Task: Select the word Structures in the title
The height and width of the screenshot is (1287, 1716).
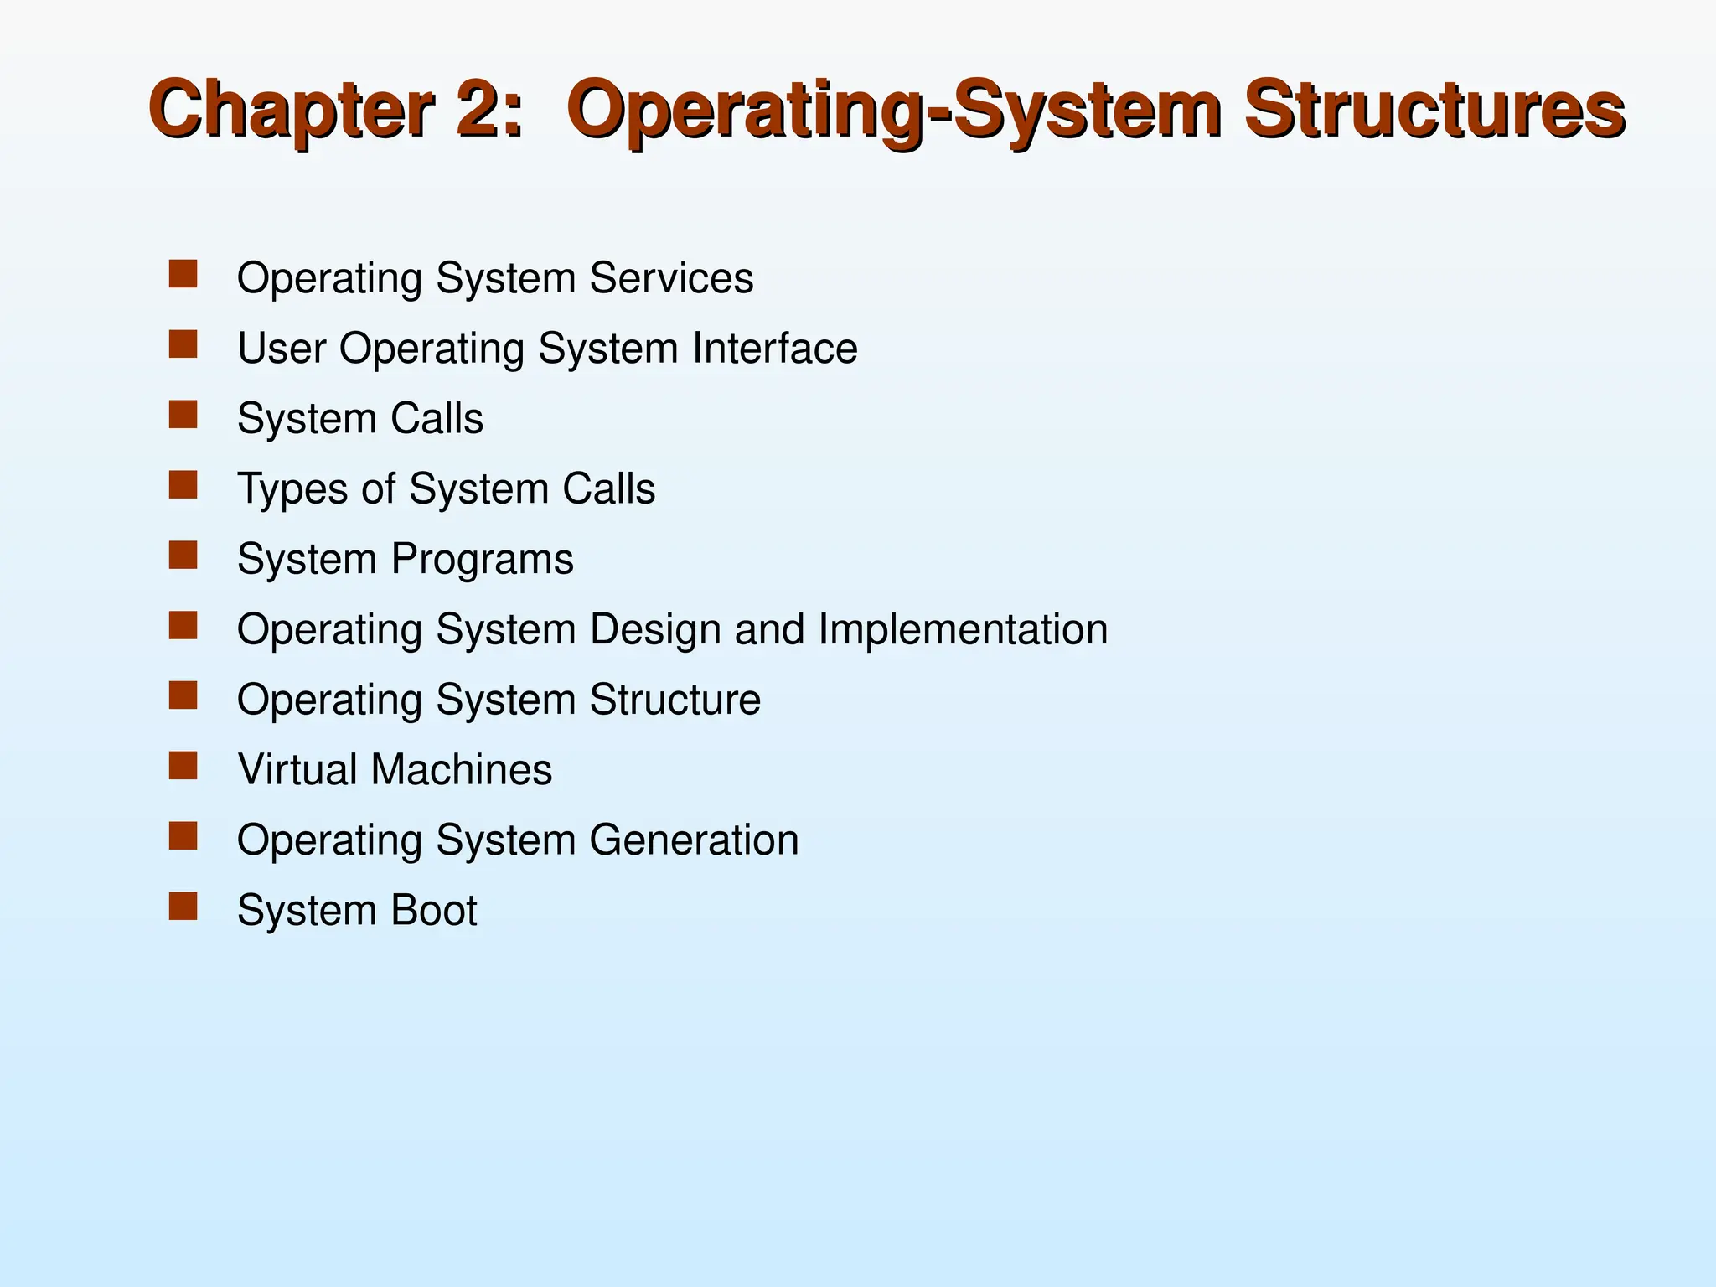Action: [1434, 110]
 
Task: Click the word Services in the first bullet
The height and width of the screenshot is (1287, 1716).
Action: [671, 278]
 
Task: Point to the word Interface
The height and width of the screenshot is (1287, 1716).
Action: [775, 349]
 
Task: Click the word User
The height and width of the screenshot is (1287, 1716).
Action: [281, 349]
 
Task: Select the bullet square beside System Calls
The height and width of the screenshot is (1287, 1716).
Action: [183, 415]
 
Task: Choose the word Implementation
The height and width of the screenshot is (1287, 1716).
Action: [963, 629]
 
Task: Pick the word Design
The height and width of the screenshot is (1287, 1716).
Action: [654, 630]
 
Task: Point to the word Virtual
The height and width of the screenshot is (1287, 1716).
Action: [297, 770]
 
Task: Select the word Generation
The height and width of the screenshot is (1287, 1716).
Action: [694, 840]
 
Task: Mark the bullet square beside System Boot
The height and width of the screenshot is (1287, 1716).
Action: [183, 907]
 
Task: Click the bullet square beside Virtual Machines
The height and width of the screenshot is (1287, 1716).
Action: [183, 766]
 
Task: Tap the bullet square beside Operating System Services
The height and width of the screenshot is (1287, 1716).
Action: [183, 274]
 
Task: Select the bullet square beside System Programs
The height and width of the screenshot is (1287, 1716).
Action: [183, 556]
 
